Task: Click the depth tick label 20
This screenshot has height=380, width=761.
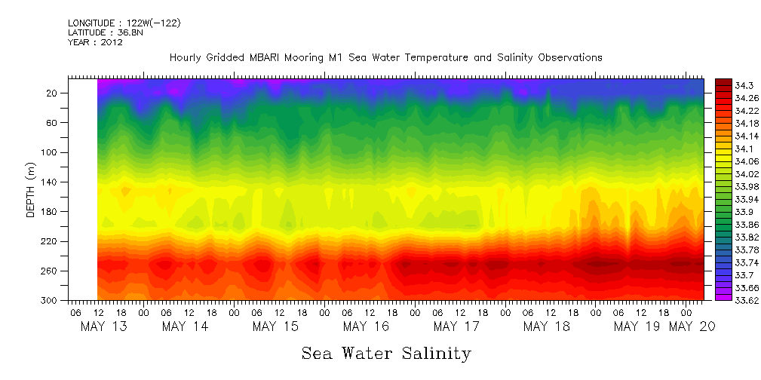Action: pyautogui.click(x=53, y=93)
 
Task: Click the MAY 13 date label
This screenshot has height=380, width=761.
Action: pyautogui.click(x=103, y=326)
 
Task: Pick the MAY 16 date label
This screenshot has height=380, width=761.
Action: pyautogui.click(x=366, y=326)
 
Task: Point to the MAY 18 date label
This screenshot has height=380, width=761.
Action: pyautogui.click(x=546, y=326)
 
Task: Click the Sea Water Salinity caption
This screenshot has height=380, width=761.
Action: pyautogui.click(x=386, y=354)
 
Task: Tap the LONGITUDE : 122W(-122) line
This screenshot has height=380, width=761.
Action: pyautogui.click(x=124, y=23)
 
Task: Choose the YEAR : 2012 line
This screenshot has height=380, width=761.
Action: pyautogui.click(x=95, y=43)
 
